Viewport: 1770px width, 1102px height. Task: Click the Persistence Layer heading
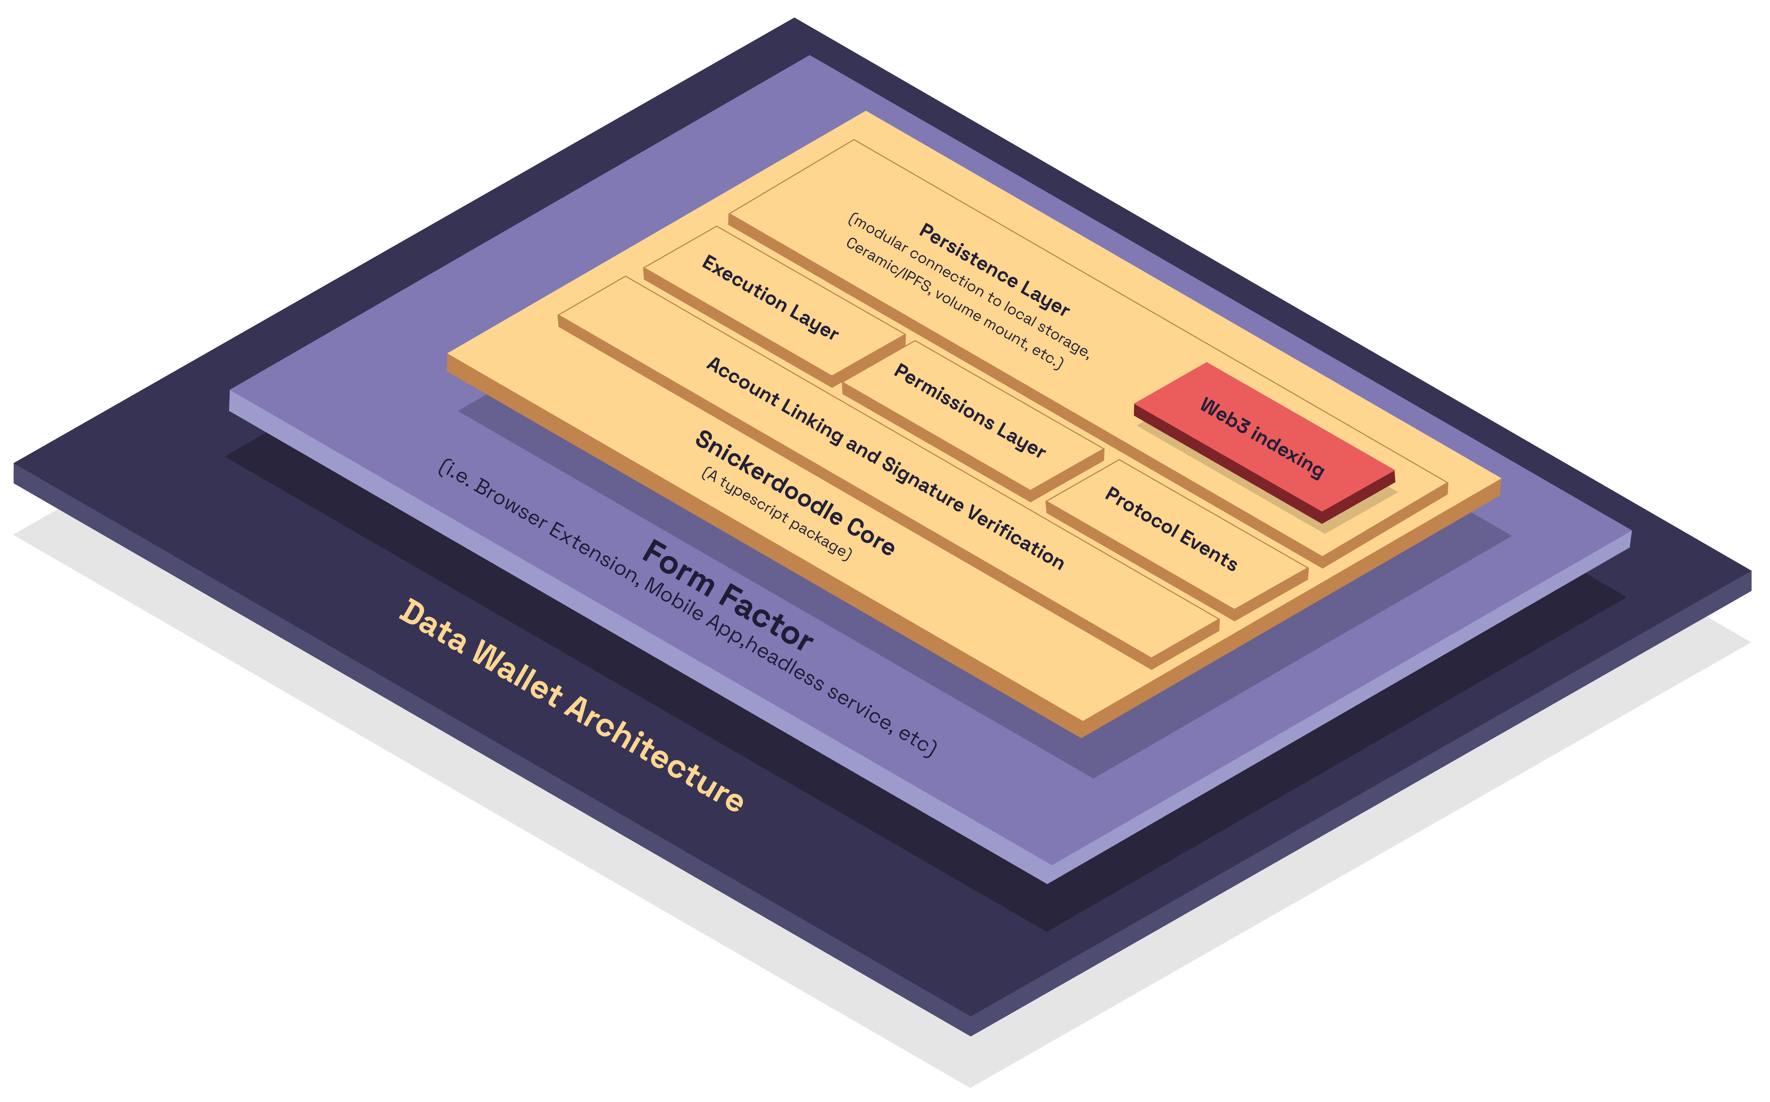click(993, 270)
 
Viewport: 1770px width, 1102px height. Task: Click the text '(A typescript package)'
click(776, 514)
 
